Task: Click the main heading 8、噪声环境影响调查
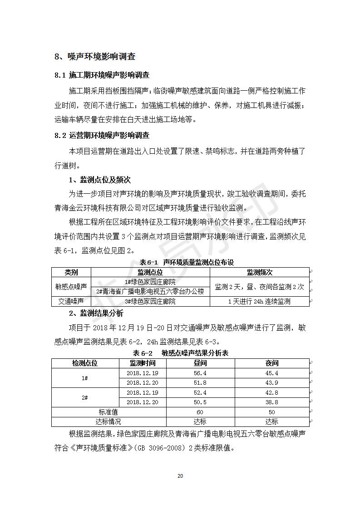click(95, 57)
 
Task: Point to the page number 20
click(180, 476)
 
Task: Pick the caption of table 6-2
click(180, 353)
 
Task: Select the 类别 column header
click(71, 272)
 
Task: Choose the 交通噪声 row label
click(71, 301)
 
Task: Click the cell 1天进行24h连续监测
click(259, 301)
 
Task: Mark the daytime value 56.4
click(200, 373)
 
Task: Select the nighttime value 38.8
click(272, 402)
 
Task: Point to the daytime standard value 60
click(200, 412)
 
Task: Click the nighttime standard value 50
click(272, 412)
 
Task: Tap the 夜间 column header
click(272, 363)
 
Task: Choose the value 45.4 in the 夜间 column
click(272, 373)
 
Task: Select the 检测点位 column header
click(85, 363)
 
